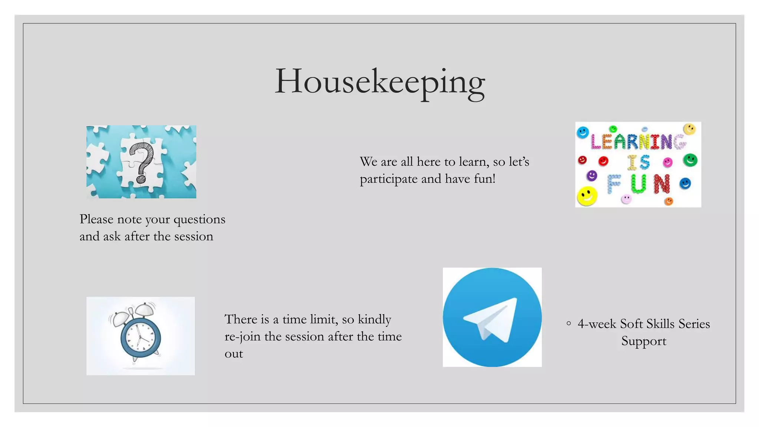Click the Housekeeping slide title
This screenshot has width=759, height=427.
(379, 82)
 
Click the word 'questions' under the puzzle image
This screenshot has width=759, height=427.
(199, 219)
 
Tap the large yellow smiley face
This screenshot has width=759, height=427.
(587, 196)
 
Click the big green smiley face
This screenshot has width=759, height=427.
(690, 160)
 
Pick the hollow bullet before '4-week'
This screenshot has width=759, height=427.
(569, 324)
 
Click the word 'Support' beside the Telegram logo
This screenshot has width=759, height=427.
(644, 341)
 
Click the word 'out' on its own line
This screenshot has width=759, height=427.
(234, 354)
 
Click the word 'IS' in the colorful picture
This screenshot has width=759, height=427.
(638, 162)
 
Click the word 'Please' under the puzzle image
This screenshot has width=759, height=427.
(96, 219)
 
